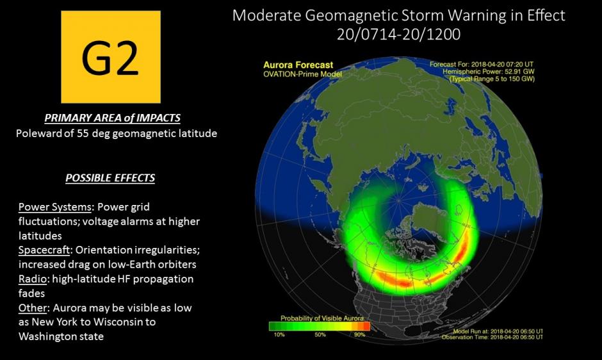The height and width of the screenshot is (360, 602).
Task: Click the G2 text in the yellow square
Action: click(110, 57)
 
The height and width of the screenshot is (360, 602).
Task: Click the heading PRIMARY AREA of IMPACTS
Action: click(113, 118)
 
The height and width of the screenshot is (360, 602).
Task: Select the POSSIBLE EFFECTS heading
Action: click(110, 178)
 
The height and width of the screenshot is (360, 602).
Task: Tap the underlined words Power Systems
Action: click(55, 207)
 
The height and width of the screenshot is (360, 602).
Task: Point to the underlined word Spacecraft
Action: click(44, 250)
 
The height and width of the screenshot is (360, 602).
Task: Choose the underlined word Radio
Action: click(32, 279)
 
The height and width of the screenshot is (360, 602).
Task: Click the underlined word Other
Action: click(32, 307)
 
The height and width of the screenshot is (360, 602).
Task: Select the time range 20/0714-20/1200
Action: click(398, 34)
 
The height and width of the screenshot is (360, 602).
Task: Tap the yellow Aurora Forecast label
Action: click(298, 65)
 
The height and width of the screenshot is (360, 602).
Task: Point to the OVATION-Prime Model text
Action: click(302, 74)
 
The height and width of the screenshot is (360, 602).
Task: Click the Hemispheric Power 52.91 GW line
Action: click(489, 72)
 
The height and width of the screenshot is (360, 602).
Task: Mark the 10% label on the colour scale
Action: click(279, 334)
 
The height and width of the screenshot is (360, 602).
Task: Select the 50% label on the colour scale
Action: click(320, 334)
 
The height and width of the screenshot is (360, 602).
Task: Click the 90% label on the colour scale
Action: click(359, 334)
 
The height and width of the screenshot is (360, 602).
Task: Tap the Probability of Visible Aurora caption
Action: click(321, 318)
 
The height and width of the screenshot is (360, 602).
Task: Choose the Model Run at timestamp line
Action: click(498, 331)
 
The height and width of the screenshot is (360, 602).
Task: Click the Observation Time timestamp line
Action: click(492, 337)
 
